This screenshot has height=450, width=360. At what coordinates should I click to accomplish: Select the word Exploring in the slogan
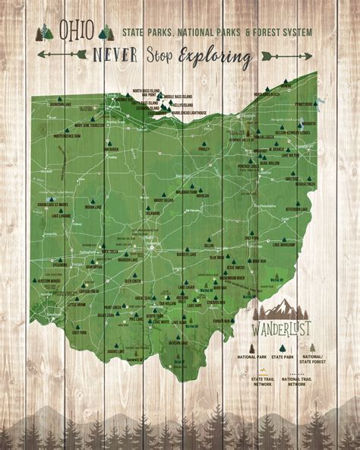(x=220, y=55)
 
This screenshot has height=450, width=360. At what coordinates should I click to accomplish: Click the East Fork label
(x=78, y=311)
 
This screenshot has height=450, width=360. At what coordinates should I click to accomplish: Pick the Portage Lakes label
(x=248, y=166)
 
